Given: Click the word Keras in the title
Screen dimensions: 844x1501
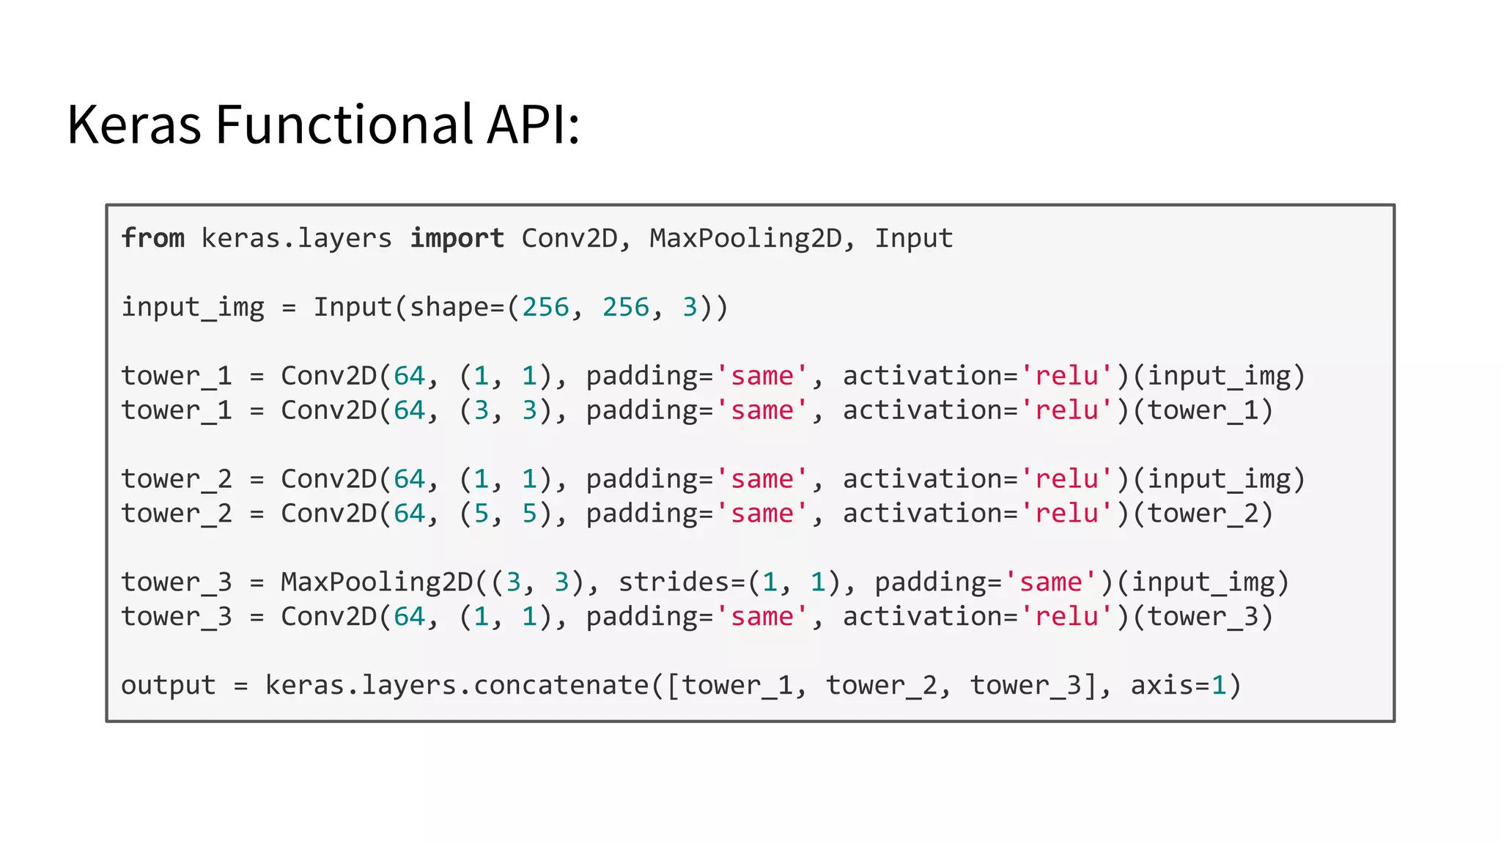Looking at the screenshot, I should click(133, 125).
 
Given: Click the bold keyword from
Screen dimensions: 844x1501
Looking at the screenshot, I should click(152, 238).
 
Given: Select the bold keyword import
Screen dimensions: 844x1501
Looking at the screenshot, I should click(457, 238).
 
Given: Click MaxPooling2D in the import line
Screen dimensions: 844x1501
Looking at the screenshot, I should click(745, 239).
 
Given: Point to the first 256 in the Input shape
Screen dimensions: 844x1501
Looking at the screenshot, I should click(545, 307).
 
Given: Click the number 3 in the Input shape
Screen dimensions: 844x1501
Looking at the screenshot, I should click(690, 307).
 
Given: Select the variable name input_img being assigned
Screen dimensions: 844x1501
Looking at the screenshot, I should click(193, 307).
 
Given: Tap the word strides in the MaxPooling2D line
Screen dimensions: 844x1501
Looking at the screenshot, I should click(674, 582).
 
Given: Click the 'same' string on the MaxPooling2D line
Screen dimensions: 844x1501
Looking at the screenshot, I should click(1051, 582).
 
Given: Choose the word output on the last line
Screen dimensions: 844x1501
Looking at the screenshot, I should click(169, 686).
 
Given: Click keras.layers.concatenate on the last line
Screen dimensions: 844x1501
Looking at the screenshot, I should click(457, 686).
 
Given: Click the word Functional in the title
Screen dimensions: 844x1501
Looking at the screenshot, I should click(344, 125).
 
